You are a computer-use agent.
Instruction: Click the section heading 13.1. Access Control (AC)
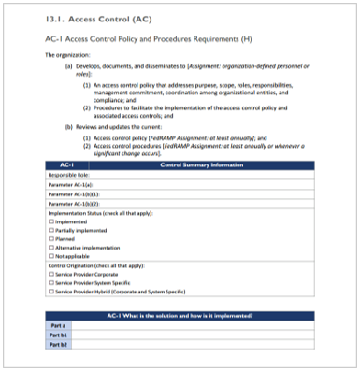pyautogui.click(x=89, y=18)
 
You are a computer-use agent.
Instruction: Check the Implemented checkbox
pyautogui.click(x=50, y=222)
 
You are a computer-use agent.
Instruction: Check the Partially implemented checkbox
pyautogui.click(x=50, y=231)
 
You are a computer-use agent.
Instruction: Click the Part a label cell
pyautogui.click(x=58, y=326)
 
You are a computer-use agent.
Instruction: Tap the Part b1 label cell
pyautogui.click(x=58, y=335)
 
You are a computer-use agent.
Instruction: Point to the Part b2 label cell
pyautogui.click(x=58, y=343)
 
